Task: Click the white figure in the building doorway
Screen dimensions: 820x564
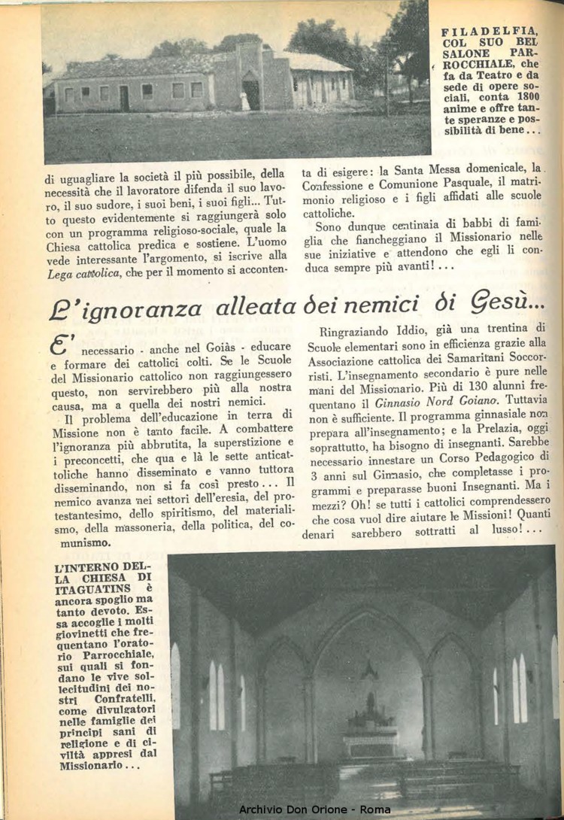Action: [245, 101]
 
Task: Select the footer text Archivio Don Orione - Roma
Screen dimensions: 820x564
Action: [315, 809]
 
